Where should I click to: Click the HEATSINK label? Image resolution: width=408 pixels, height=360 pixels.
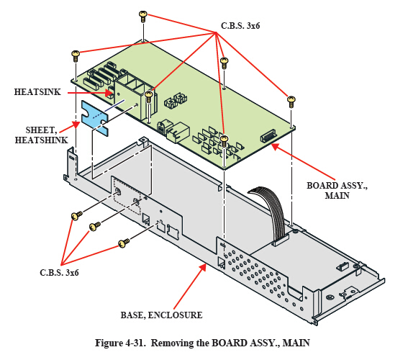point(37,92)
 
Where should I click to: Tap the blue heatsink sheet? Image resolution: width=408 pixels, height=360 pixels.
point(95,117)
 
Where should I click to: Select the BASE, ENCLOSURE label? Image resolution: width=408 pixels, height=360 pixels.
point(161,315)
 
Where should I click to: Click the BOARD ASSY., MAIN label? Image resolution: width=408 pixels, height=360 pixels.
point(337,190)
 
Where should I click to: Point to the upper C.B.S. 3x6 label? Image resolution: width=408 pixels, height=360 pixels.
point(240,26)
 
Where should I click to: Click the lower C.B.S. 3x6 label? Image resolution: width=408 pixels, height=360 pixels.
point(59,273)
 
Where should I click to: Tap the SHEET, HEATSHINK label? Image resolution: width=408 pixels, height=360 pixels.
point(41,135)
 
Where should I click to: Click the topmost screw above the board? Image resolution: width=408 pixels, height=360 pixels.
point(143,17)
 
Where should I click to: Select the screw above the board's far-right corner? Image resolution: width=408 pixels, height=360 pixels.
point(291,102)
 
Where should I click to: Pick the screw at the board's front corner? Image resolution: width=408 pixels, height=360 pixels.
point(224,141)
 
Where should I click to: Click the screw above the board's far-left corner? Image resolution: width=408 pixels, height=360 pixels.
point(76,56)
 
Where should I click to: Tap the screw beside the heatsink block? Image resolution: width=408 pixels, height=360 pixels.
point(148,96)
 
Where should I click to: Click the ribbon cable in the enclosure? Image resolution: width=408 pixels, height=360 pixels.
point(268,212)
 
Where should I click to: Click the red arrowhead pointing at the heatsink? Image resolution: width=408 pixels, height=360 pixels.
point(109,93)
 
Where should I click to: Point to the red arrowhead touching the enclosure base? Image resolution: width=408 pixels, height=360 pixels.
point(203,267)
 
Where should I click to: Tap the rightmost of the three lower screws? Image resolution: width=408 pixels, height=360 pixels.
point(124,243)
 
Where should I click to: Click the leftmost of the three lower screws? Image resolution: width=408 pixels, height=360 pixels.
point(76,215)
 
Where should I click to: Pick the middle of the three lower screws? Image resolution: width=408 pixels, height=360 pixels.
point(95,226)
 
